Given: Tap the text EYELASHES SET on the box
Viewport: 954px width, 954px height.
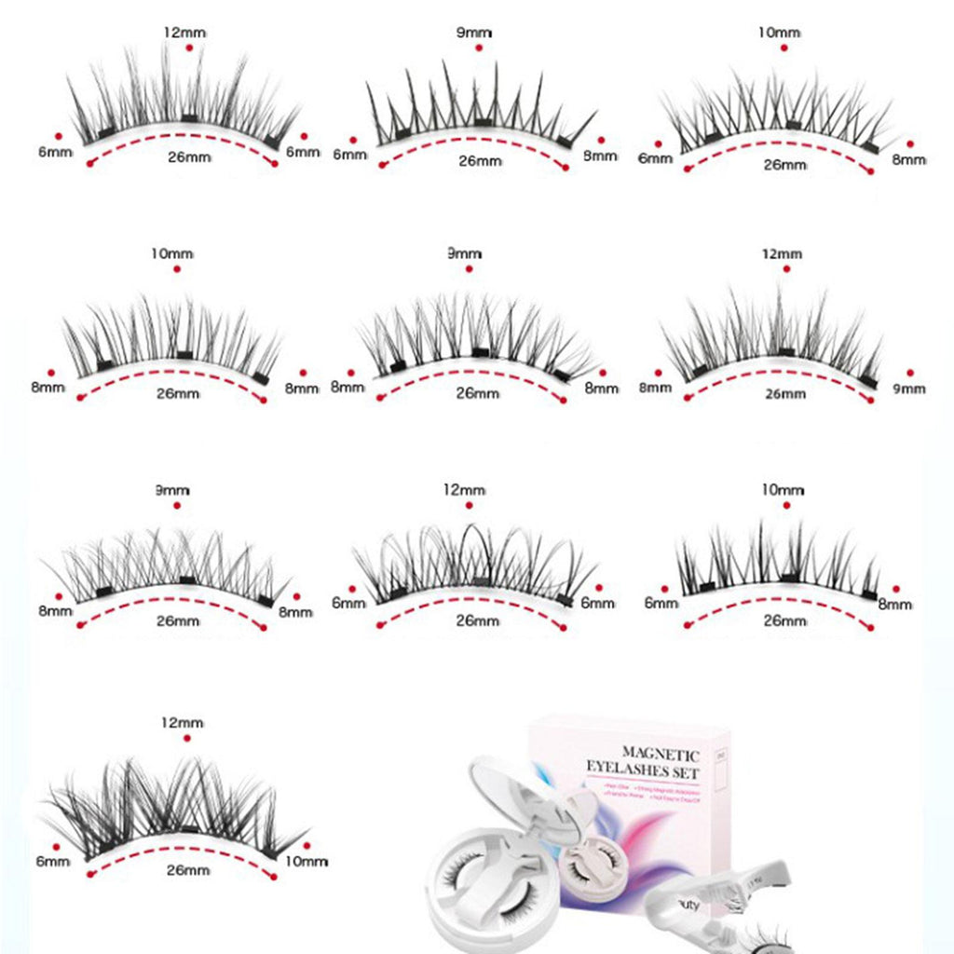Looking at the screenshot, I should [x=643, y=771].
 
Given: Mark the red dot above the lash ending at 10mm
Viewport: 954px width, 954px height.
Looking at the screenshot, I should [x=187, y=738].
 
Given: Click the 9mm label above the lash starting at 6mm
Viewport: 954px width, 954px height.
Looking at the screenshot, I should [x=473, y=34].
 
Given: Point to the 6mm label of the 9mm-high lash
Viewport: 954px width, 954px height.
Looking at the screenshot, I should [x=349, y=155].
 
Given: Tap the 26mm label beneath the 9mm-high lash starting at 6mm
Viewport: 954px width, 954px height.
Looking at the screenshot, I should [x=481, y=161].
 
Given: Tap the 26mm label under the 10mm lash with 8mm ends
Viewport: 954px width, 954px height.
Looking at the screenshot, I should [x=178, y=393].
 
